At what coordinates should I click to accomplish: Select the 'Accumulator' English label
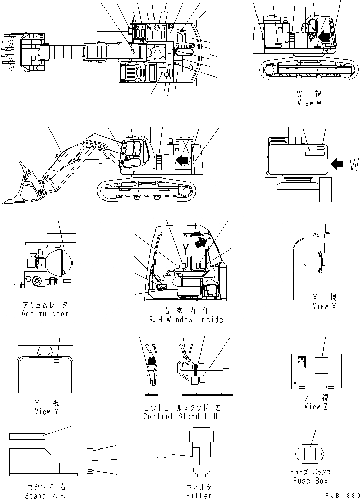[x=44, y=314]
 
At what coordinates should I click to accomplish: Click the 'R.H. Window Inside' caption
[x=186, y=320]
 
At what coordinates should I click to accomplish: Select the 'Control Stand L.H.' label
[x=182, y=417]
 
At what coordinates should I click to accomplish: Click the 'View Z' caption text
[x=313, y=407]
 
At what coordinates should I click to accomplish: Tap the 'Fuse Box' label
[x=310, y=481]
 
